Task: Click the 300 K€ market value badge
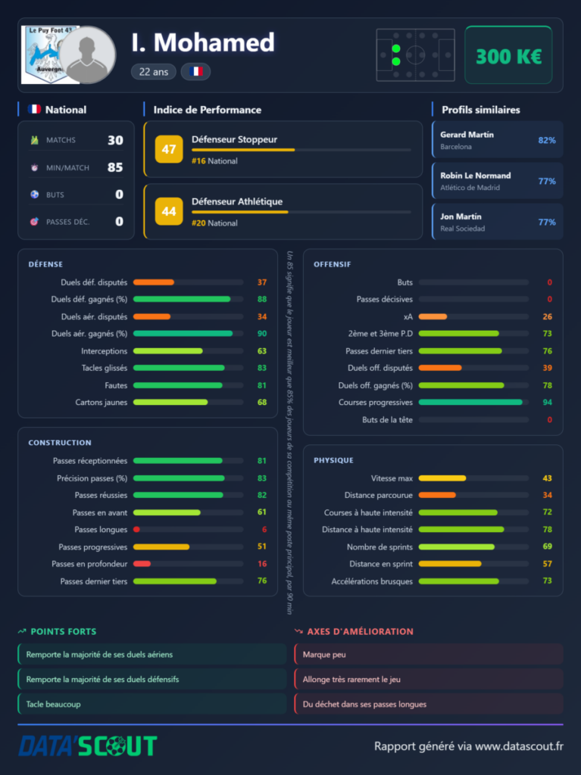click(508, 54)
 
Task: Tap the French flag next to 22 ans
click(196, 72)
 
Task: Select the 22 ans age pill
click(154, 72)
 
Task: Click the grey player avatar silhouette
click(87, 54)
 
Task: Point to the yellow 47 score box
click(169, 149)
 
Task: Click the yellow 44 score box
click(169, 211)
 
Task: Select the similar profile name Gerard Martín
click(467, 135)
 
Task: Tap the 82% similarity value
click(547, 140)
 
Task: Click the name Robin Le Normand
click(476, 176)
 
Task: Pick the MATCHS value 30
click(115, 140)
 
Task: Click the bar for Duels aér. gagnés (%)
click(183, 334)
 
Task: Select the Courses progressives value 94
click(547, 403)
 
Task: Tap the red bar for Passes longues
click(136, 529)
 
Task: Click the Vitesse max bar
click(442, 478)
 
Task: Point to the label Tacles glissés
click(105, 368)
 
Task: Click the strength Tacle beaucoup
click(54, 704)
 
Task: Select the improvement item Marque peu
click(324, 655)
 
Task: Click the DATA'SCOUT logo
click(88, 745)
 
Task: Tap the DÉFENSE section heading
click(45, 264)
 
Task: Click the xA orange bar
click(433, 316)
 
